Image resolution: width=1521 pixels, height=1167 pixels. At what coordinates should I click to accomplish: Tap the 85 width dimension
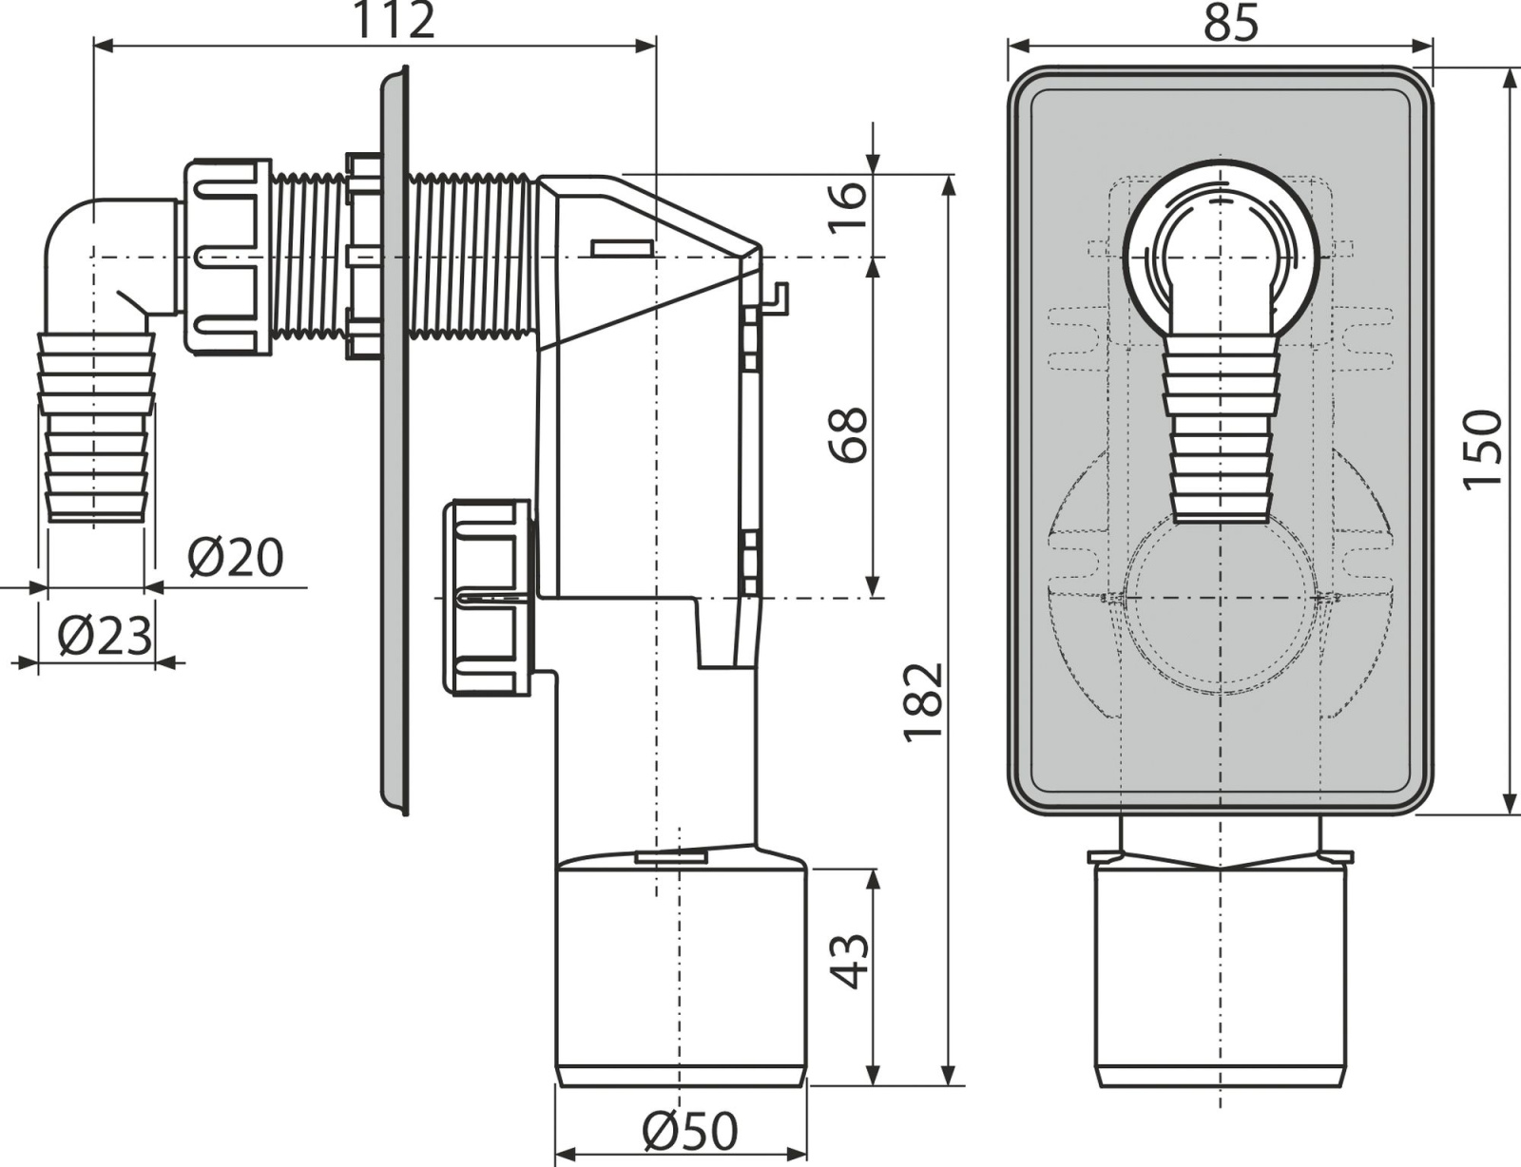[1230, 23]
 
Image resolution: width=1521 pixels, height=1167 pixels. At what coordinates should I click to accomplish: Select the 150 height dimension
[1483, 450]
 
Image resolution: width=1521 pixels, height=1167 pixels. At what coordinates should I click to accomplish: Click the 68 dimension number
[849, 434]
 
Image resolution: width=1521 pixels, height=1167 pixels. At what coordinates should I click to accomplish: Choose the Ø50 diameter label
[689, 1130]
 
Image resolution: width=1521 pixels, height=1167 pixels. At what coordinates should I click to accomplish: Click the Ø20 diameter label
[237, 558]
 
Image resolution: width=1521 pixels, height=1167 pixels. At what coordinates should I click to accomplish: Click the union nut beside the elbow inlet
[227, 257]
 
